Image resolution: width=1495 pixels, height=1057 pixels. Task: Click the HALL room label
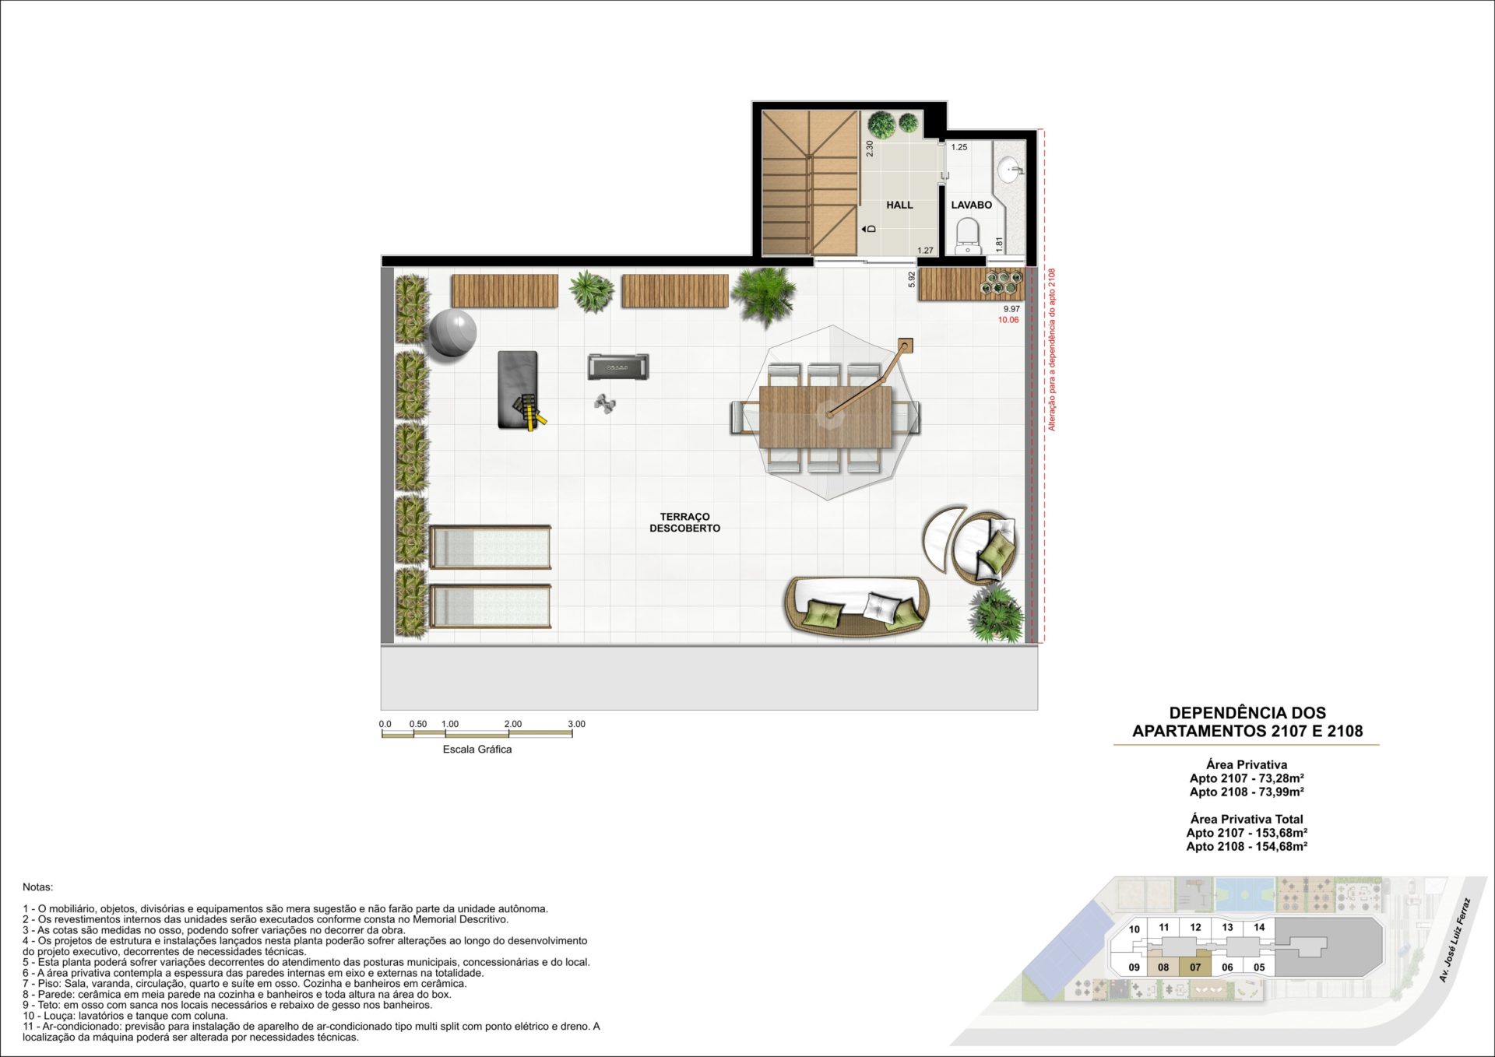[899, 205]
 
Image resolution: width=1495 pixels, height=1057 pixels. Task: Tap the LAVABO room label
[972, 205]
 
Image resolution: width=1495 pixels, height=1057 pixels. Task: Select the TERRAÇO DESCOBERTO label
[685, 522]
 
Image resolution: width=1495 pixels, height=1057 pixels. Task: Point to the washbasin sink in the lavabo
[1010, 169]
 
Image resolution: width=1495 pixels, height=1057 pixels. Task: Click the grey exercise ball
[452, 333]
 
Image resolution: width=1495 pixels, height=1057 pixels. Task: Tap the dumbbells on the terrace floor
[604, 403]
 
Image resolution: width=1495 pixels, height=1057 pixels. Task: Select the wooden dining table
[825, 416]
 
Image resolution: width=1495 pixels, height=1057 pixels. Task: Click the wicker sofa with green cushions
[857, 606]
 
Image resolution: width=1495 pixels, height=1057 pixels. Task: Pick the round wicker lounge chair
[986, 547]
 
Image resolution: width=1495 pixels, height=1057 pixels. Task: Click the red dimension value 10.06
[1008, 320]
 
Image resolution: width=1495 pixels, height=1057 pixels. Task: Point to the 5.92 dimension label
[912, 279]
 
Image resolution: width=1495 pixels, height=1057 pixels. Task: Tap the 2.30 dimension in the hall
[870, 149]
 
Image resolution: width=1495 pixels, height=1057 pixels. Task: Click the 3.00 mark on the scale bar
[576, 724]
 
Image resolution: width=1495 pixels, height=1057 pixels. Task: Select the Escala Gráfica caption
[477, 750]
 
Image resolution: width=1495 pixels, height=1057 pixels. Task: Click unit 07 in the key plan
[1195, 967]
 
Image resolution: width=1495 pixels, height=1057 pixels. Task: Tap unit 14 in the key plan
[1259, 927]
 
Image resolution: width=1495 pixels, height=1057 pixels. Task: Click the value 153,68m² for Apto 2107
[1282, 833]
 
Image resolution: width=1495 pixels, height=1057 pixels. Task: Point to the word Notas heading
[38, 887]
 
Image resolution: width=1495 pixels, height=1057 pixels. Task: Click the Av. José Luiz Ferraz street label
[1454, 940]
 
